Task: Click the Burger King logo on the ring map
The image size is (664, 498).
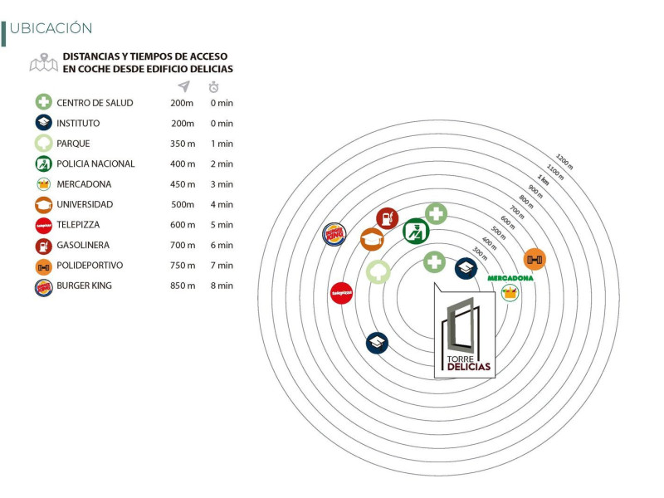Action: [334, 234]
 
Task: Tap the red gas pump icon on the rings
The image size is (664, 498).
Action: [387, 218]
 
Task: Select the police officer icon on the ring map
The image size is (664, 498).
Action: [416, 232]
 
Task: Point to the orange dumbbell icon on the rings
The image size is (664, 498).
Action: [535, 259]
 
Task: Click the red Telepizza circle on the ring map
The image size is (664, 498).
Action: [341, 293]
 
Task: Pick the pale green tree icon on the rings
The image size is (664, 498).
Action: [378, 271]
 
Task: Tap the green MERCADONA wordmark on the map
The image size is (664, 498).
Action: [510, 278]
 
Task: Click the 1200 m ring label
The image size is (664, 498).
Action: [564, 161]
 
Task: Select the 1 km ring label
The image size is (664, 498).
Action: [543, 179]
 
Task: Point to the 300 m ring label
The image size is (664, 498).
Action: [480, 253]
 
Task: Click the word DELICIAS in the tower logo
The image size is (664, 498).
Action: [469, 367]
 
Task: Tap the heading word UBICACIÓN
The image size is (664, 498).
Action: [51, 28]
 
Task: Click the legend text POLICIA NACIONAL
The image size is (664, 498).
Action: [95, 164]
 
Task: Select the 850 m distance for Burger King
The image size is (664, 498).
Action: [183, 286]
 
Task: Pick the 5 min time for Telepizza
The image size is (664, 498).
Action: [222, 225]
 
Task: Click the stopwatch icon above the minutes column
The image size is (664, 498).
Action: [214, 87]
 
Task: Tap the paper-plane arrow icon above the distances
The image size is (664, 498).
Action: [183, 86]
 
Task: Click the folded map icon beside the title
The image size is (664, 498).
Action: [44, 63]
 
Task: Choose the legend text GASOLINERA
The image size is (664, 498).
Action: [83, 245]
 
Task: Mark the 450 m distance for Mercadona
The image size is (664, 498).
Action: [183, 184]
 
